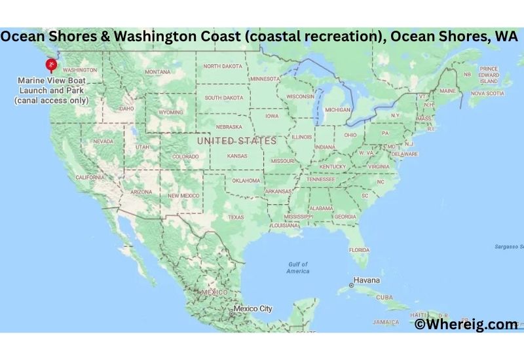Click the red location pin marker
(50, 64)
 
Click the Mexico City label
(253, 308)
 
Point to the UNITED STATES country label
(237, 140)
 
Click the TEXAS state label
(236, 217)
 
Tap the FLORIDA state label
(359, 249)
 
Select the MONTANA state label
(158, 71)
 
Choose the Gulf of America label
(297, 267)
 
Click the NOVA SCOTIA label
(487, 93)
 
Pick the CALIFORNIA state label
(90, 177)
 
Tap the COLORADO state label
(185, 156)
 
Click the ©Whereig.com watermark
(466, 323)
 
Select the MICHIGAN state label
(337, 109)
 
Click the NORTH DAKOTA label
(222, 66)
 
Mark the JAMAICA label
(386, 322)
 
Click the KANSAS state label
(237, 156)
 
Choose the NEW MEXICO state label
(183, 195)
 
